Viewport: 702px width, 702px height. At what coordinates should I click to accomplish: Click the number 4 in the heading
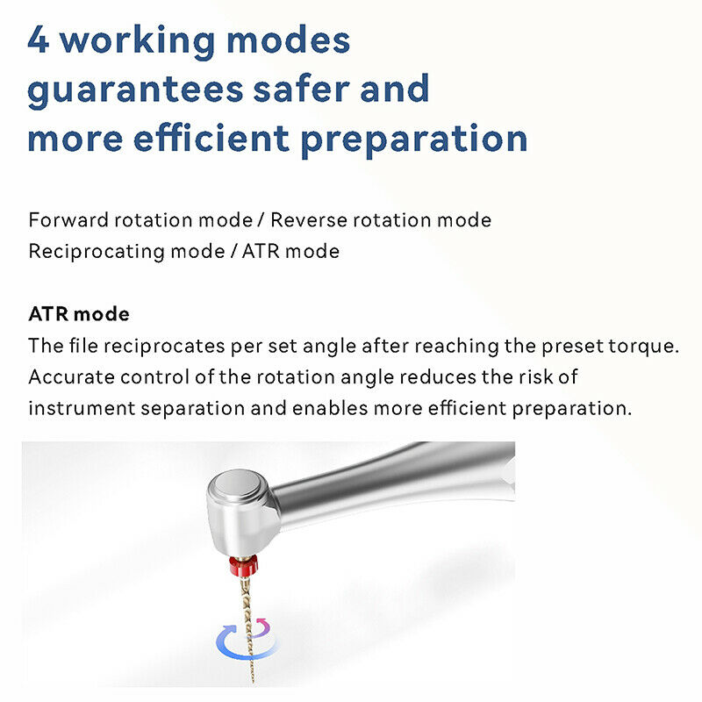39,41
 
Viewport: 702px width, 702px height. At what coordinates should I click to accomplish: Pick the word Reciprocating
83,251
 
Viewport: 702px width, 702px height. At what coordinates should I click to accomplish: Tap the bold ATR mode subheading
79,313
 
